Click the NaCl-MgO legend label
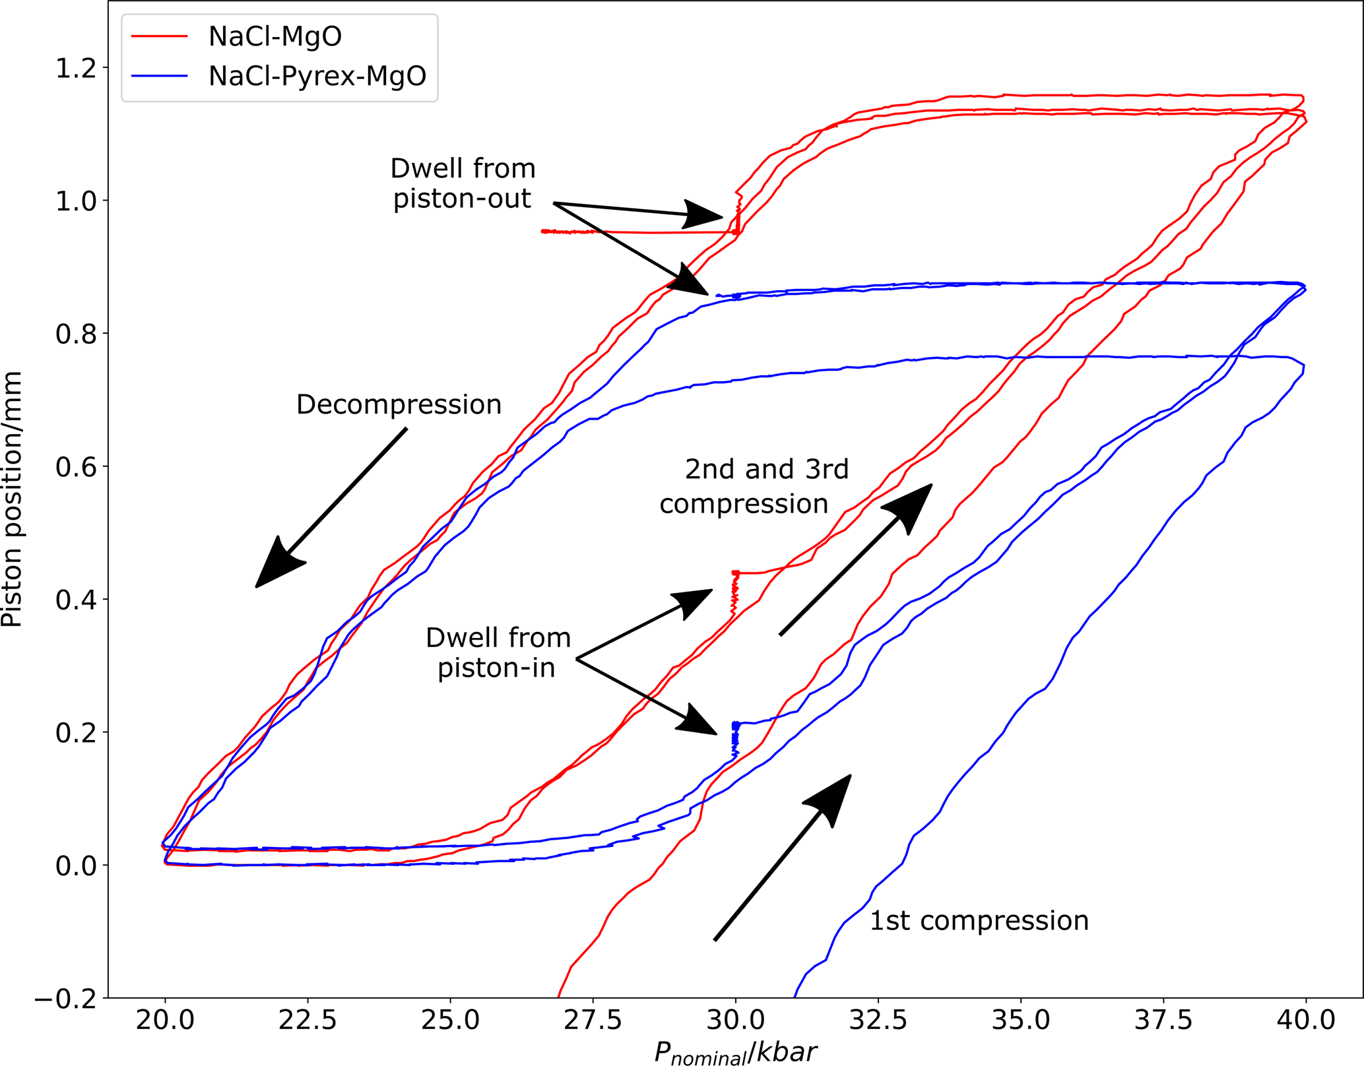(x=275, y=36)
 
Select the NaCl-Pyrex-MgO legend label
(x=317, y=77)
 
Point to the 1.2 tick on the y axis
(x=77, y=68)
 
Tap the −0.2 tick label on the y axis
(x=65, y=999)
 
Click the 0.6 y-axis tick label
(x=77, y=467)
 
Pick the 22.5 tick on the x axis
(x=308, y=1020)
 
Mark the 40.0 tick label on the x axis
(x=1305, y=1020)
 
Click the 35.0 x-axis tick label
(x=1020, y=1020)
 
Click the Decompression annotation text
(x=399, y=404)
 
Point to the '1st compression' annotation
(x=979, y=921)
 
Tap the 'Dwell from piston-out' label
(x=463, y=183)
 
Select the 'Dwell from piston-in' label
(x=498, y=653)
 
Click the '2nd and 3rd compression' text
(x=754, y=486)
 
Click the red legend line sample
(x=160, y=36)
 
